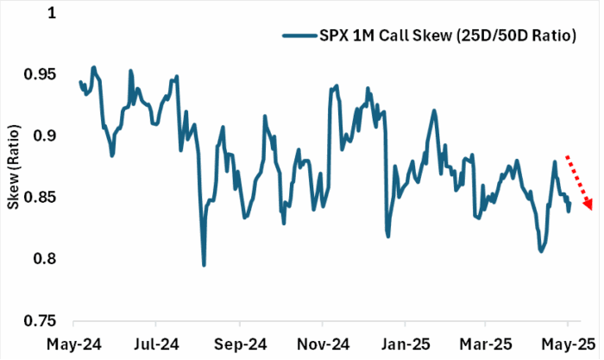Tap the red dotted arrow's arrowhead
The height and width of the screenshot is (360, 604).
(588, 205)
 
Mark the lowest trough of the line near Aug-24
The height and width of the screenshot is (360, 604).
(204, 264)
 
